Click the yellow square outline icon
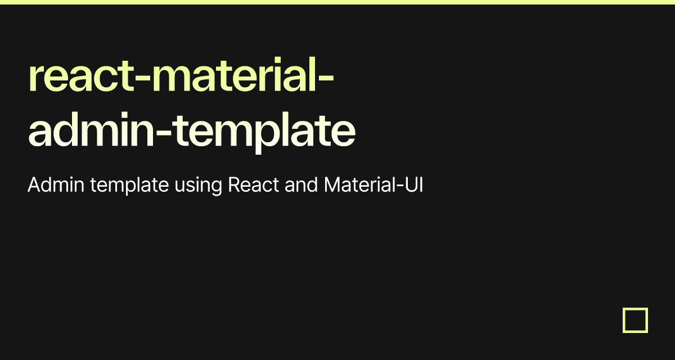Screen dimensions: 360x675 click(635, 320)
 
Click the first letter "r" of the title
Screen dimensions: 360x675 click(35, 82)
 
